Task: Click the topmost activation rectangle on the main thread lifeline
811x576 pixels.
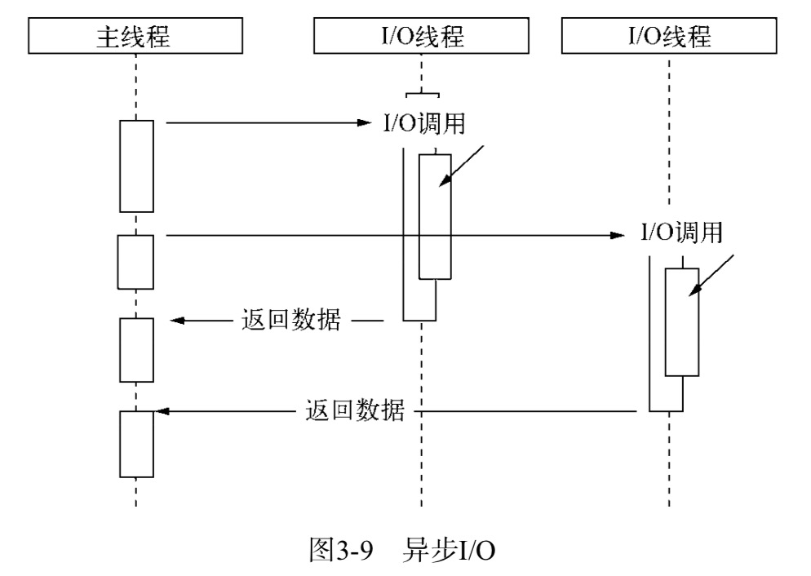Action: pos(136,166)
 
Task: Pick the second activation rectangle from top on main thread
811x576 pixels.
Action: pos(136,261)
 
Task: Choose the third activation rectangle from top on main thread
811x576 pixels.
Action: pos(136,349)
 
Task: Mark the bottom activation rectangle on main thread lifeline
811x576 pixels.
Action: pos(136,444)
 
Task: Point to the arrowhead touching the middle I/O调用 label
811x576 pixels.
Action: pos(365,124)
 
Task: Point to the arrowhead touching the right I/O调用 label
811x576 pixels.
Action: pos(618,236)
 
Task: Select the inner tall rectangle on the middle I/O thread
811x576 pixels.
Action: pos(435,216)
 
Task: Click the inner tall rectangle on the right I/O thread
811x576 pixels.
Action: pos(681,321)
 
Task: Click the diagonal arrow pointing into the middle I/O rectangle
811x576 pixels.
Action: pos(461,166)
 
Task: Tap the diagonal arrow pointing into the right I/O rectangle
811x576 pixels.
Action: pos(711,275)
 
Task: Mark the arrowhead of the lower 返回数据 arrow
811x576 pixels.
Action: pos(161,411)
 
